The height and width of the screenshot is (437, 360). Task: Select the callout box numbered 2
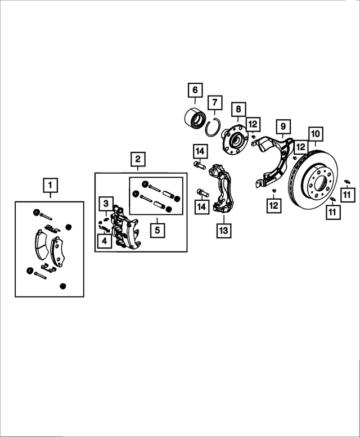tap(137, 160)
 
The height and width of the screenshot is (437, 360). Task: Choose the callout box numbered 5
tap(157, 229)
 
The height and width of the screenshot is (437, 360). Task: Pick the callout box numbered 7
tap(214, 103)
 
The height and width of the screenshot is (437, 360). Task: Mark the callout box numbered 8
tap(238, 109)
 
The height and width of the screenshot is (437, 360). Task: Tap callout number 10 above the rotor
tap(315, 134)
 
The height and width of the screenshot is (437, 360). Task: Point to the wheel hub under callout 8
tap(235, 138)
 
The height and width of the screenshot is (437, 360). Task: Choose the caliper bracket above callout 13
tap(224, 188)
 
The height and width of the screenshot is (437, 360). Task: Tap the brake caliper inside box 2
tap(125, 228)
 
